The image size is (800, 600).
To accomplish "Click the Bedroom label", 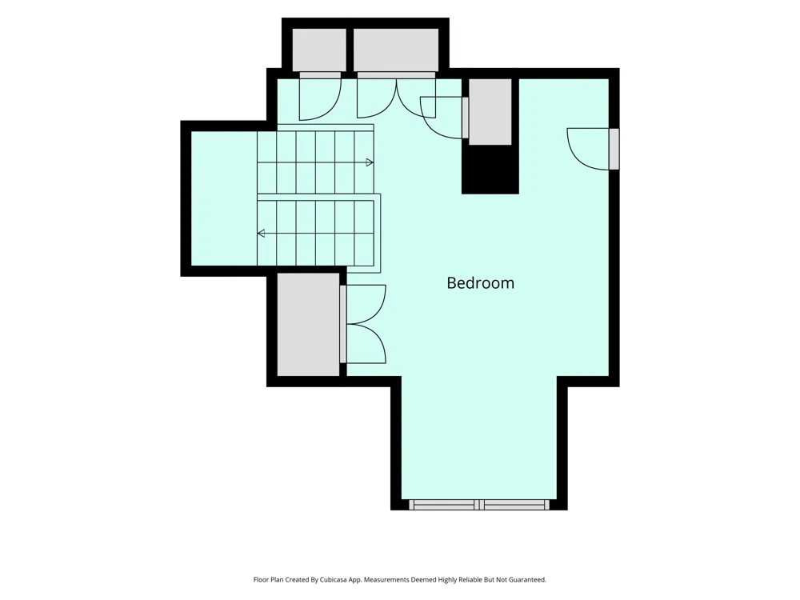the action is [480, 283].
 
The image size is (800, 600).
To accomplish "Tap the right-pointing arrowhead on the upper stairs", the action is [370, 162].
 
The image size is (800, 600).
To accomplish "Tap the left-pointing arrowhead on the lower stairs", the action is [262, 234].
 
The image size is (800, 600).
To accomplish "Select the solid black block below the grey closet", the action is [490, 170].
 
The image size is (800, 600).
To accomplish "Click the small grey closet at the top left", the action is [319, 50].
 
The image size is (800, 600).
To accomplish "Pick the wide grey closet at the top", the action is [396, 50].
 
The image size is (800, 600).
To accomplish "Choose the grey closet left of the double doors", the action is [308, 325].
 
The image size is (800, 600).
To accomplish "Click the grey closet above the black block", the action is [490, 112].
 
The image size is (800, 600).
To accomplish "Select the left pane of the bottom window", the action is [444, 505].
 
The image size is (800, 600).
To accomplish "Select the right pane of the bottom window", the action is [514, 505].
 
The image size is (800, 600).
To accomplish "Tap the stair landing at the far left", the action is [223, 198].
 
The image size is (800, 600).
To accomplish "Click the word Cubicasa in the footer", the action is [334, 579].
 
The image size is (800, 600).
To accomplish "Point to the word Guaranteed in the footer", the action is [527, 579].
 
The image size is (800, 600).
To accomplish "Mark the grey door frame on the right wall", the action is [614, 149].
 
